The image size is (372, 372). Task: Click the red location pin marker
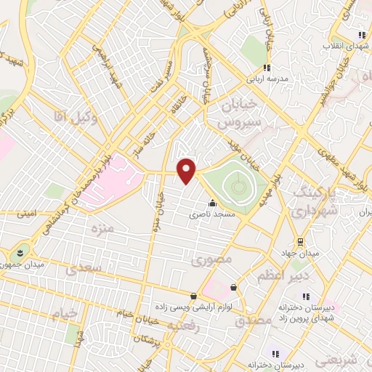pyautogui.click(x=187, y=171)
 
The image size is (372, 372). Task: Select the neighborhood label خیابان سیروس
pyautogui.click(x=235, y=113)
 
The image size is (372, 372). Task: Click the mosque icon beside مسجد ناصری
pyautogui.click(x=211, y=203)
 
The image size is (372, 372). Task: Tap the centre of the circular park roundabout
pyautogui.click(x=238, y=187)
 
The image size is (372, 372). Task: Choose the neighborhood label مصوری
pyautogui.click(x=211, y=259)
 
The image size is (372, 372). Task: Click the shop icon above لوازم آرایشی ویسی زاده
pyautogui.click(x=193, y=296)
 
